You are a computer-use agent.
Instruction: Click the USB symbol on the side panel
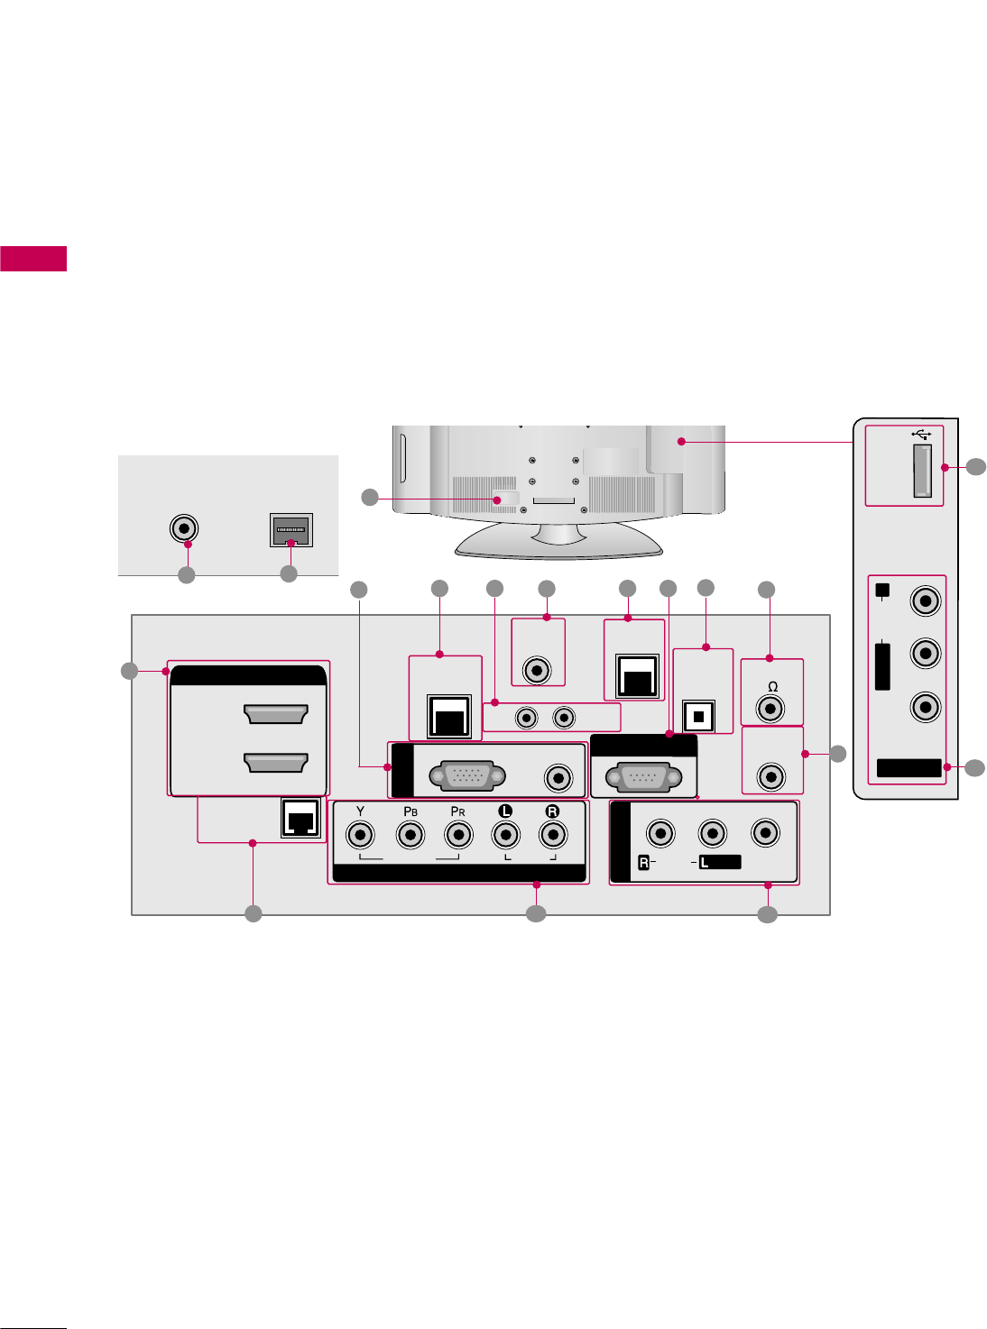click(x=921, y=434)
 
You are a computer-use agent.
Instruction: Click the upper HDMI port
click(x=276, y=714)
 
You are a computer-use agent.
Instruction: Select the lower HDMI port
click(x=276, y=762)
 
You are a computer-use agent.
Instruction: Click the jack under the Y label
click(x=361, y=836)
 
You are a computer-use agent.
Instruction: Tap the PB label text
click(x=410, y=811)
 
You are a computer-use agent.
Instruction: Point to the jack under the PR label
click(x=458, y=836)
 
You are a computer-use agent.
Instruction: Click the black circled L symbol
click(x=505, y=811)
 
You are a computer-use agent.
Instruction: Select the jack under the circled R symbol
click(x=552, y=836)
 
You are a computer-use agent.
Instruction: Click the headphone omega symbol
click(x=772, y=687)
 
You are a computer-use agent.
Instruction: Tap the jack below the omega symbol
click(x=770, y=709)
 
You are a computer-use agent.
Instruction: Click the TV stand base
click(x=559, y=541)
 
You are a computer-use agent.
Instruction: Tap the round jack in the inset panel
click(x=184, y=528)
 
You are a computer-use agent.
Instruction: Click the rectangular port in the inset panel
click(x=291, y=530)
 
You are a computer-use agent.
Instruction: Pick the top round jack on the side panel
click(x=926, y=600)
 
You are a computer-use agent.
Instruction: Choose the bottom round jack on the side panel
click(x=926, y=707)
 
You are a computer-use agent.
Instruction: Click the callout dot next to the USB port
click(x=945, y=467)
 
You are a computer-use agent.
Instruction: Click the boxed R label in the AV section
click(x=644, y=863)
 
